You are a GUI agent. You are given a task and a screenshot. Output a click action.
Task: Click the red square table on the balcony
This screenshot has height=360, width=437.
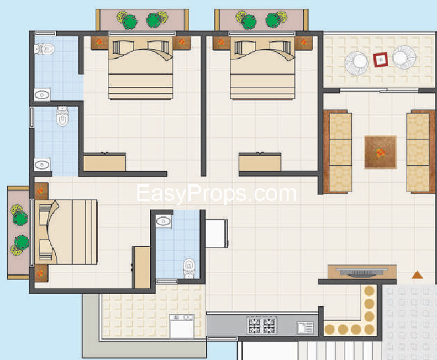point(381,60)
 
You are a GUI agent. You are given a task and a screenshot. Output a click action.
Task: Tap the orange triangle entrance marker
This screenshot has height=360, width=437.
point(417,275)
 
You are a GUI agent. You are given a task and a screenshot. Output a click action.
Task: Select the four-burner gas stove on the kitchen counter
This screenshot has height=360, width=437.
point(262,325)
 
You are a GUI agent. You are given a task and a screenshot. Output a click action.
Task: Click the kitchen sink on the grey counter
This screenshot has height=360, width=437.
point(305,327)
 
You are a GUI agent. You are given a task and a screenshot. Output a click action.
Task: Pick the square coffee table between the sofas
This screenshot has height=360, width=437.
point(380,152)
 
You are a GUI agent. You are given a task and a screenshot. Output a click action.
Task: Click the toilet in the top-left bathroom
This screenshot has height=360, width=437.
point(44,49)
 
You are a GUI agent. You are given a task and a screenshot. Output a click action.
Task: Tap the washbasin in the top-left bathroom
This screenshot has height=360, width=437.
point(42,95)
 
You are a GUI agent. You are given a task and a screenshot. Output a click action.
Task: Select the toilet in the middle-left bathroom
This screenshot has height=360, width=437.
point(62,116)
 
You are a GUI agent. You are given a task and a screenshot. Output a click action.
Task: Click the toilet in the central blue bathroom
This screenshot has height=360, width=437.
point(189,268)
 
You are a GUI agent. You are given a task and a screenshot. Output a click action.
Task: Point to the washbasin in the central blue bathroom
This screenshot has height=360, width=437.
point(164,221)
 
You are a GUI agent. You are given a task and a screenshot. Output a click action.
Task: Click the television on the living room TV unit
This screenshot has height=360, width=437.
point(362,273)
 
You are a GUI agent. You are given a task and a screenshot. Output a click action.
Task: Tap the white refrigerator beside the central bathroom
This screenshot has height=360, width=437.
point(217,234)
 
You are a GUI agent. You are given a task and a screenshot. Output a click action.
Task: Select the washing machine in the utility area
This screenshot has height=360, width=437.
point(182,326)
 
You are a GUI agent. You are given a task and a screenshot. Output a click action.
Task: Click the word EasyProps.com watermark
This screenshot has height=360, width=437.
point(216,193)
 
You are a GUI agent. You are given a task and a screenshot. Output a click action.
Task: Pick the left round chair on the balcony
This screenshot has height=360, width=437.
point(357,63)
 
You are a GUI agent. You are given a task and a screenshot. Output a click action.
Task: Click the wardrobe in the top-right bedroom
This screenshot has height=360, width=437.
point(260,162)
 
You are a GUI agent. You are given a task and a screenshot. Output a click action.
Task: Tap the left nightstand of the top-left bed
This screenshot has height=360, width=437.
point(99,43)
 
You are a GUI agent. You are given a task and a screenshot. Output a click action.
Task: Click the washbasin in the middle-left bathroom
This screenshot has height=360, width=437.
point(42,165)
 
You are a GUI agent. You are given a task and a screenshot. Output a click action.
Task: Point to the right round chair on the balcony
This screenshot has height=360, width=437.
point(404,57)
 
